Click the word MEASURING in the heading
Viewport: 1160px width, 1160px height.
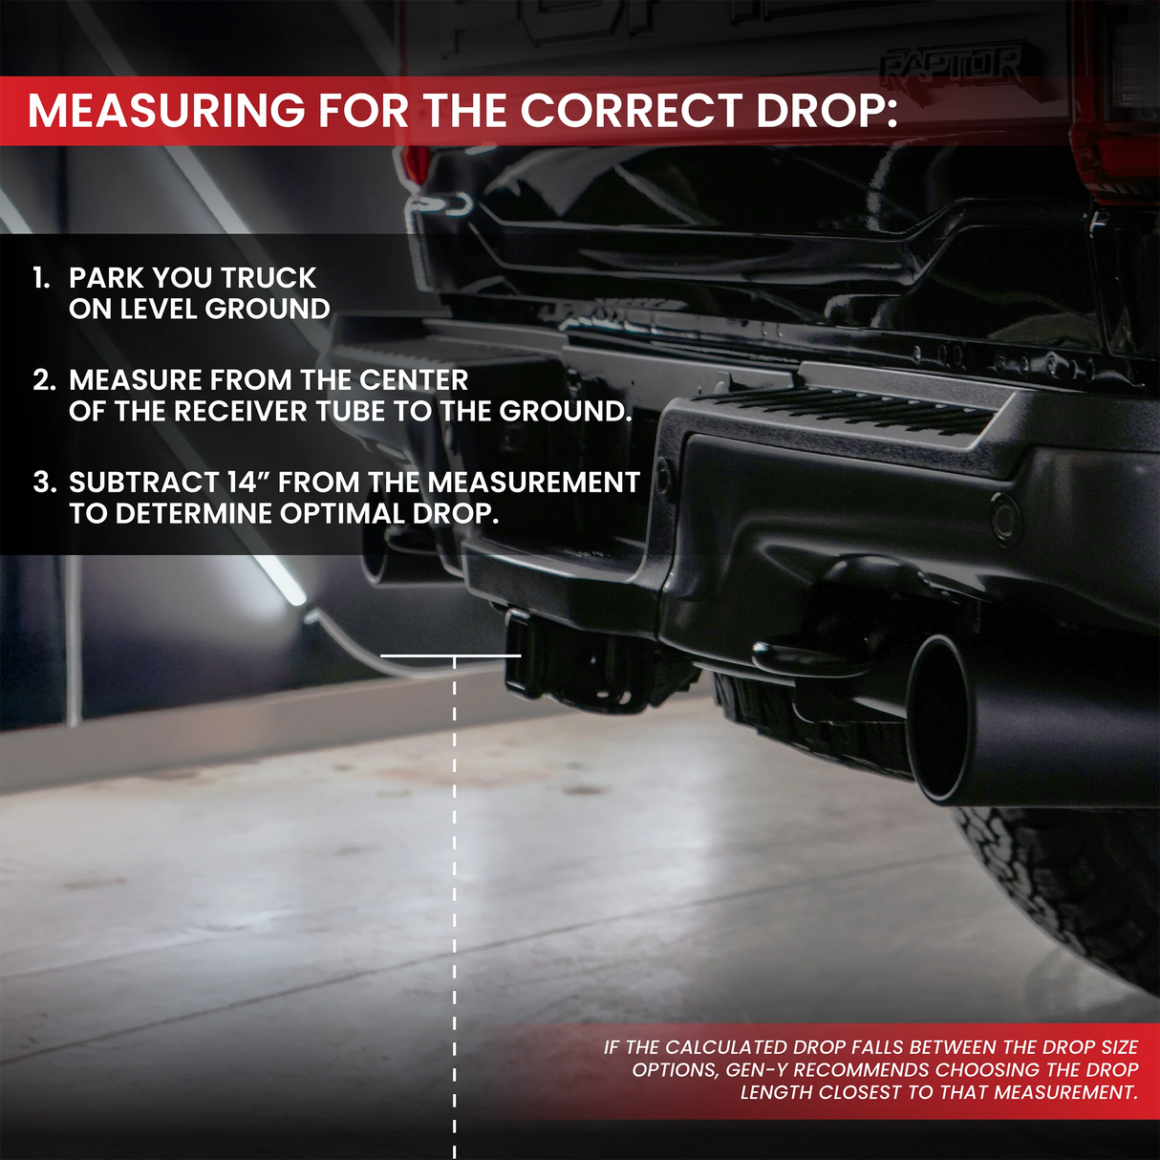click(x=166, y=111)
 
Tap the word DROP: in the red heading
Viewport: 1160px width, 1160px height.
click(x=827, y=111)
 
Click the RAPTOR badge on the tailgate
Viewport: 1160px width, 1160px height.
click(x=950, y=65)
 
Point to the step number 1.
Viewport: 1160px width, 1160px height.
click(x=41, y=278)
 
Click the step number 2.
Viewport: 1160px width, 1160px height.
click(x=44, y=380)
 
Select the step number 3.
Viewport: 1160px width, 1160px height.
click(x=44, y=483)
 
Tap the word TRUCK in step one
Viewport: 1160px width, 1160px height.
click(x=269, y=278)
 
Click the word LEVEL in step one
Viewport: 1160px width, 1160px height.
click(x=159, y=310)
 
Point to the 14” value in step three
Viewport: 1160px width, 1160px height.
click(x=249, y=483)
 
